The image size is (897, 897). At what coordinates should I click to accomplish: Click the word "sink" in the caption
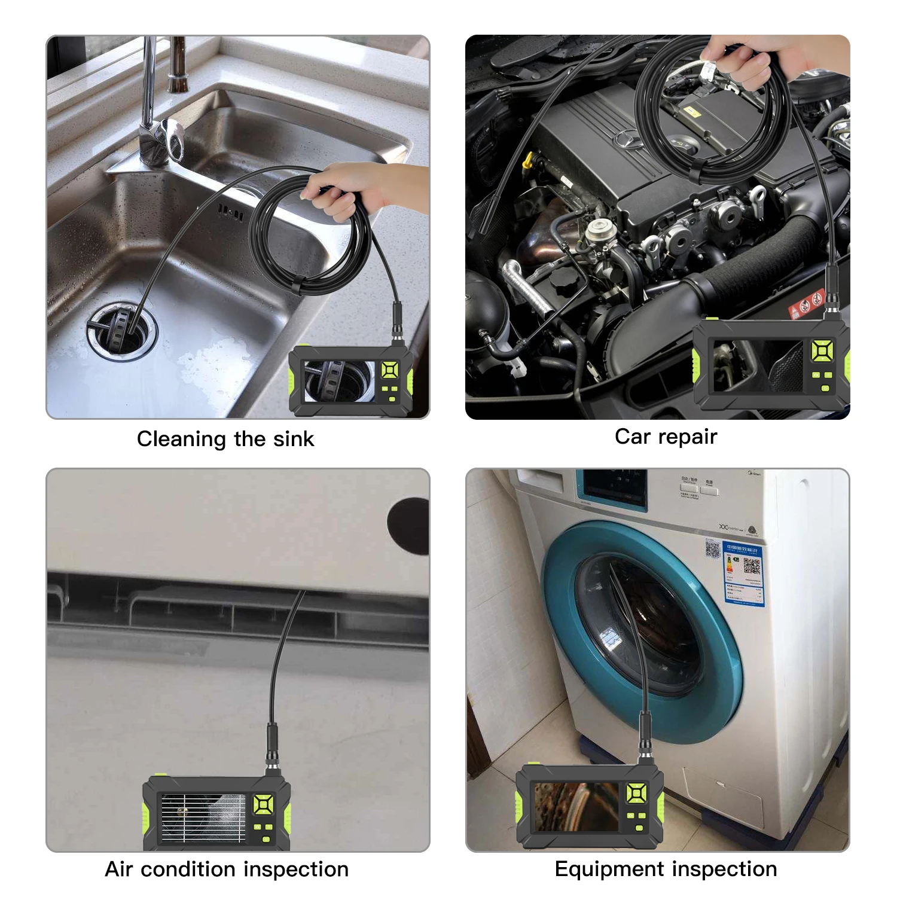pyautogui.click(x=293, y=439)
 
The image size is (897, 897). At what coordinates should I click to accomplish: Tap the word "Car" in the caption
pyautogui.click(x=633, y=437)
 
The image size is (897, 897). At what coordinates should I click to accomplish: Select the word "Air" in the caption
pyautogui.click(x=118, y=869)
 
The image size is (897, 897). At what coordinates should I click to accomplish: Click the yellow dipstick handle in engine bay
pyautogui.click(x=527, y=160)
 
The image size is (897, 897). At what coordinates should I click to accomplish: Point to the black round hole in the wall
pyautogui.click(x=409, y=525)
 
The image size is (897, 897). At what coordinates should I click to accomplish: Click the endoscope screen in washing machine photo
pyautogui.click(x=575, y=807)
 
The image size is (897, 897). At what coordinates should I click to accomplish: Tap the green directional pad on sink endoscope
pyautogui.click(x=390, y=371)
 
